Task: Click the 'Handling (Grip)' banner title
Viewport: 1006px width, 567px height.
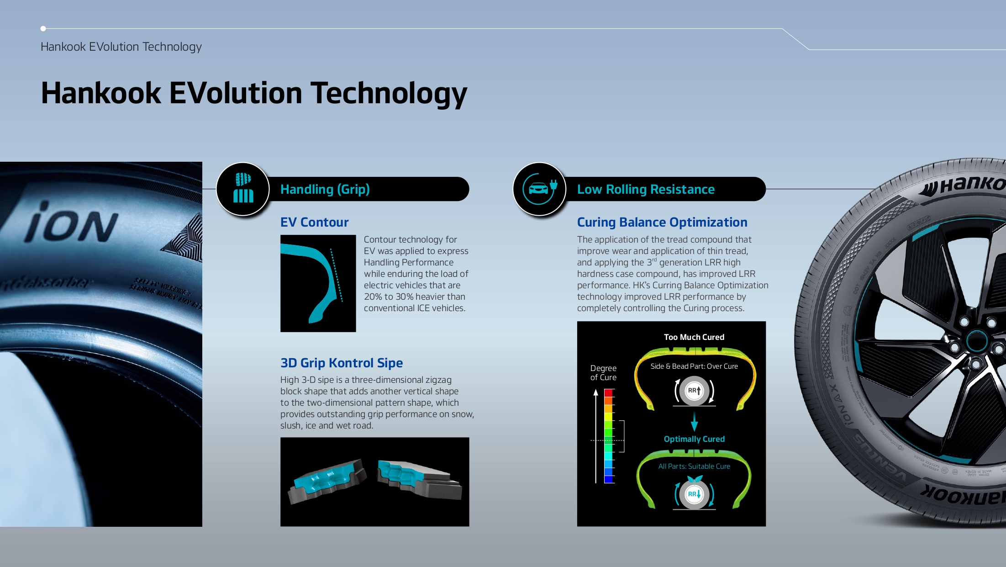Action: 325,189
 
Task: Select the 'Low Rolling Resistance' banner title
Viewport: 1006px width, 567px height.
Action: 646,189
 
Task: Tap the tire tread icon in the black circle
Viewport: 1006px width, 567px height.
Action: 243,188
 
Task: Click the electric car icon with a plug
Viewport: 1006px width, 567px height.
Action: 540,188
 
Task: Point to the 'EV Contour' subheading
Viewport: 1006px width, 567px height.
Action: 314,223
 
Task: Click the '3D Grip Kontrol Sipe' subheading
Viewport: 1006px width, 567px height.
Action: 341,363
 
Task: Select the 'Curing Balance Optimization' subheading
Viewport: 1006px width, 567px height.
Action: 662,223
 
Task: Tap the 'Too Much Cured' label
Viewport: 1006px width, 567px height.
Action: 694,337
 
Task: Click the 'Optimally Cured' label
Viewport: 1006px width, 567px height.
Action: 694,439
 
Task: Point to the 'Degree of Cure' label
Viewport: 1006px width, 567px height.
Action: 603,373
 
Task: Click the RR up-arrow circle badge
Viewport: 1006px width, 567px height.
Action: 694,391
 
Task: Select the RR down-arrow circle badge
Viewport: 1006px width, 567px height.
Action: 694,494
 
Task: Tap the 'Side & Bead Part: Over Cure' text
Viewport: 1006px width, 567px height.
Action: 694,366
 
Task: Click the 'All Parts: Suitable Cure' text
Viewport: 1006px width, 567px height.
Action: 694,466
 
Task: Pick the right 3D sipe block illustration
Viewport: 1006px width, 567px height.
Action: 419,479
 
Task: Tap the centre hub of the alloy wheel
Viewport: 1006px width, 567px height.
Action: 976,341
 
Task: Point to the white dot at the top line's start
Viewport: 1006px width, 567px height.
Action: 43,29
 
